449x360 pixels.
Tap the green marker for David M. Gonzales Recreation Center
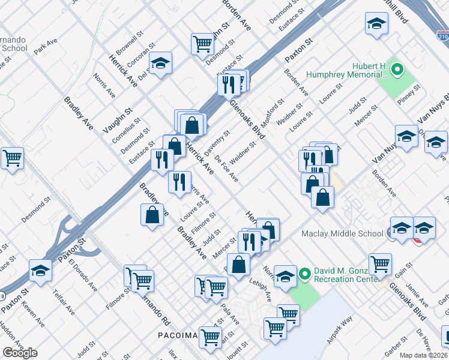[305, 274]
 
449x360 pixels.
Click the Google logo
[20, 353]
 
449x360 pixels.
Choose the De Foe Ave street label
[228, 170]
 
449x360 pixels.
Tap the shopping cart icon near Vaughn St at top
[203, 43]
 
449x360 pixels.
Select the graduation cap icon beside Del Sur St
[160, 64]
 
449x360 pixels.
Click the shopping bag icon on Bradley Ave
[152, 215]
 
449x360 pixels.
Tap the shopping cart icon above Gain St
[379, 263]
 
